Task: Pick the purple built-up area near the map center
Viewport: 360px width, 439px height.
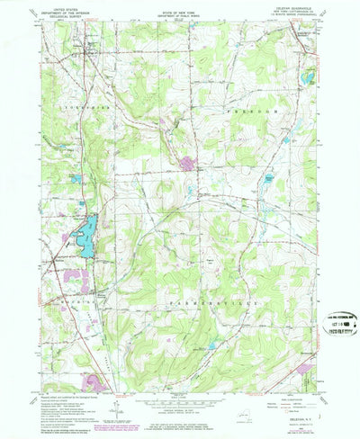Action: coord(187,164)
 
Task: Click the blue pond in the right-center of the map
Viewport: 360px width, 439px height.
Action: coord(267,180)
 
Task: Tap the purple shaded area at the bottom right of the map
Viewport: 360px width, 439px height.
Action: coord(302,368)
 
